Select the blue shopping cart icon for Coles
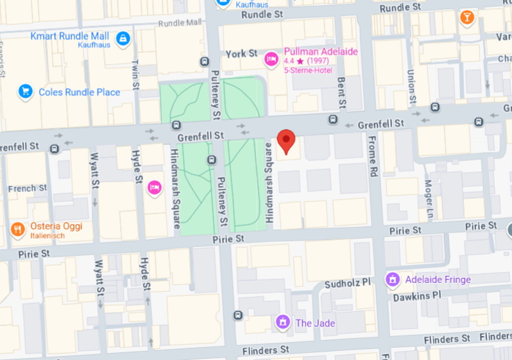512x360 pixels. pos(26,92)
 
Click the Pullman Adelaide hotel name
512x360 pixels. pos(321,51)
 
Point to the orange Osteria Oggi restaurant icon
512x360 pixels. pos(17,229)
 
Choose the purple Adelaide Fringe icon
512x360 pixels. pos(391,279)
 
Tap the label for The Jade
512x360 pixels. pos(315,323)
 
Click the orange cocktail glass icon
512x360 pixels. pos(467,17)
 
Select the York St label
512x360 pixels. pos(241,53)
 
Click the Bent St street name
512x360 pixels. pos(341,90)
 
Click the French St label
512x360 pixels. pos(27,189)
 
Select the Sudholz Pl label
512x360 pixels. pos(348,282)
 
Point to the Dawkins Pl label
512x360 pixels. pos(418,295)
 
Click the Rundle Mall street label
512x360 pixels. pos(184,23)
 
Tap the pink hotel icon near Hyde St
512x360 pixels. pos(154,187)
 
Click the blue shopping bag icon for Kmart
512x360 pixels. pos(123,39)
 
